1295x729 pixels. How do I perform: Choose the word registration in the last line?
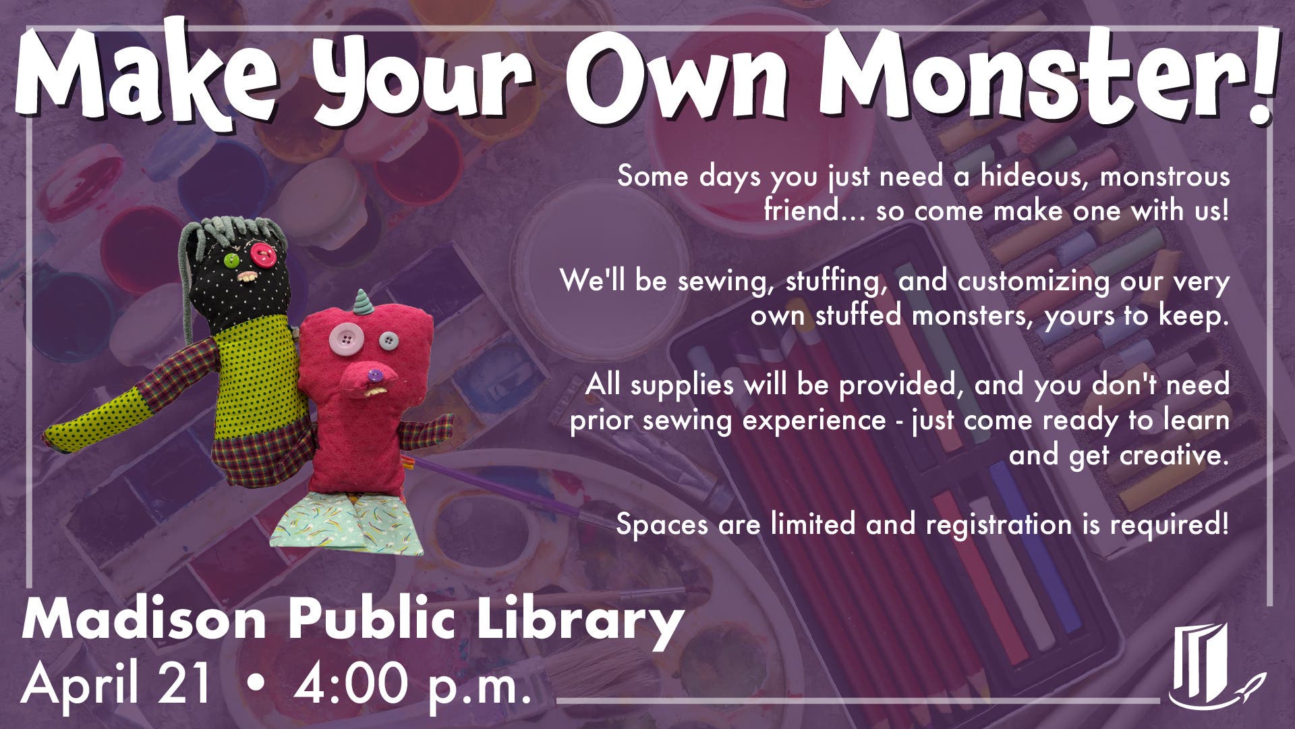tap(998, 524)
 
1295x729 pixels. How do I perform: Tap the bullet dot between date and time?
tap(255, 683)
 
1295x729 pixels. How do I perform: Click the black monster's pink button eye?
tap(261, 254)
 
